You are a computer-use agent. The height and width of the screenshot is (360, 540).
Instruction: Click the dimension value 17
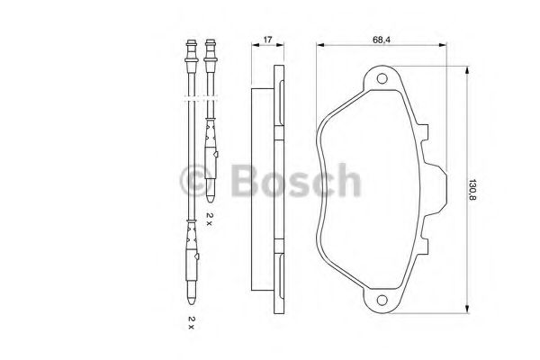coord(267,40)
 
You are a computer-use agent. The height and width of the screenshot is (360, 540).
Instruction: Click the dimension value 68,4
coord(382,40)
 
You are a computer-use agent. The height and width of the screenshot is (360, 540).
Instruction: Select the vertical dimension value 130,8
coord(472,190)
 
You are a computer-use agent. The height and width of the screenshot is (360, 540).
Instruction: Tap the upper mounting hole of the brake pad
coord(382,78)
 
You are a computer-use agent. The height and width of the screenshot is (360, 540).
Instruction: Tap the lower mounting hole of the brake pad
coord(382,300)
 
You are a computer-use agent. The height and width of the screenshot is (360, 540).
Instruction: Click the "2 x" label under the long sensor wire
coord(191,323)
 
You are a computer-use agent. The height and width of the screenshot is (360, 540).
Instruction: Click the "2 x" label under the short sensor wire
coord(210,219)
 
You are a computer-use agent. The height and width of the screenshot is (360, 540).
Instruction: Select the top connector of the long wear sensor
coord(192,56)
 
